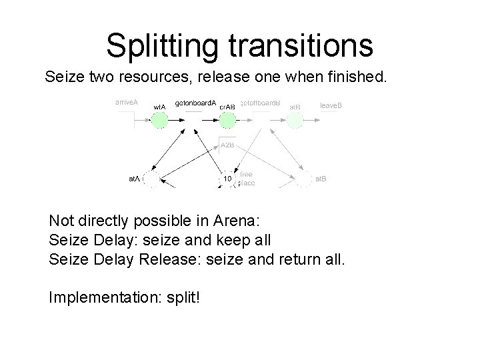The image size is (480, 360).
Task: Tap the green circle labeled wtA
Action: (x=159, y=120)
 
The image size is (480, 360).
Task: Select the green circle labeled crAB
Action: (x=227, y=120)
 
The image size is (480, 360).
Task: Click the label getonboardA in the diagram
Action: (x=195, y=103)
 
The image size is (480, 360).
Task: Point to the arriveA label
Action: (x=126, y=103)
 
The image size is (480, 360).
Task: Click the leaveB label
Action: (x=331, y=105)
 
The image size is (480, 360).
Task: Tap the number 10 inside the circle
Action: (x=227, y=179)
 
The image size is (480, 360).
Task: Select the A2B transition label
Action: (x=227, y=145)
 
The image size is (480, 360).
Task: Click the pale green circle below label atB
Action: (x=295, y=120)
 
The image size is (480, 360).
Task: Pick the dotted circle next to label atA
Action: (x=153, y=179)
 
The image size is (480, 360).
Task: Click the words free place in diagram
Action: (x=247, y=178)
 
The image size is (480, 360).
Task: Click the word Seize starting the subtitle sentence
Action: (x=63, y=77)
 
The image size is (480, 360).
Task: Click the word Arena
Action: (x=228, y=221)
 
